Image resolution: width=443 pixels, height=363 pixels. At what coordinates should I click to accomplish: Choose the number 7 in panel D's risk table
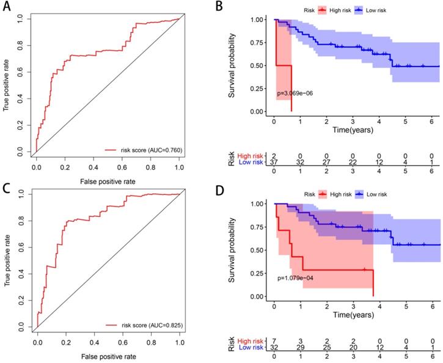point(275,342)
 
